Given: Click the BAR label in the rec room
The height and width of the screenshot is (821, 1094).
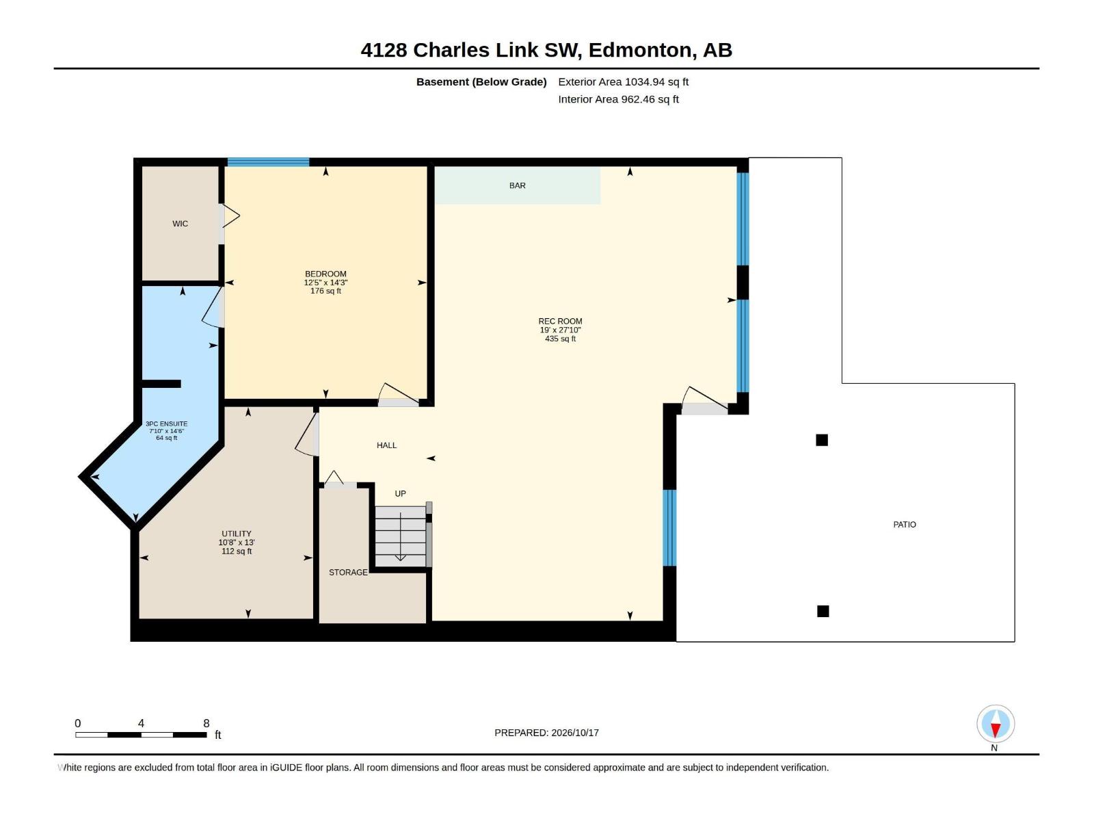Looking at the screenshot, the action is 517,185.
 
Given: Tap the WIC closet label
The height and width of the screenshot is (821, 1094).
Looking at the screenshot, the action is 180,224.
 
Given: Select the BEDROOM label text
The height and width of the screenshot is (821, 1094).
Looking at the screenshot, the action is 325,274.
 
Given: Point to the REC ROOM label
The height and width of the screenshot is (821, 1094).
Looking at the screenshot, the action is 560,322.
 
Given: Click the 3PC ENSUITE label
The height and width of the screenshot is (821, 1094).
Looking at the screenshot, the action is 166,423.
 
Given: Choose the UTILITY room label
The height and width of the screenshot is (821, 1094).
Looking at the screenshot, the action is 237,534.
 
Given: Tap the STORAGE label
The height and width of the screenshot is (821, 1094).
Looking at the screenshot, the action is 348,572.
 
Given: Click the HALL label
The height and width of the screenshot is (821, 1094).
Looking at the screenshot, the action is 386,445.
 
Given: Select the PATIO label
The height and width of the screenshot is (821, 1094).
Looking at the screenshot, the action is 904,524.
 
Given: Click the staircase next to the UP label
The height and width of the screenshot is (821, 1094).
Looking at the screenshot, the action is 400,536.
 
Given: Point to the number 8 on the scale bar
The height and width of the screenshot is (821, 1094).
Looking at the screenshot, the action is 206,723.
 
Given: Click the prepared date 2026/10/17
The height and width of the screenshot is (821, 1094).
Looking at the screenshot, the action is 574,733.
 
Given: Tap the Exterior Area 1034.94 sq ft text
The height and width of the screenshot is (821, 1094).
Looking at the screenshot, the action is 623,81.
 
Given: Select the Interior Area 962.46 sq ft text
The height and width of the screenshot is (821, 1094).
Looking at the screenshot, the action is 618,99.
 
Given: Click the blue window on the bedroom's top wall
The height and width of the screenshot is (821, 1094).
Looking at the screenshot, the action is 268,162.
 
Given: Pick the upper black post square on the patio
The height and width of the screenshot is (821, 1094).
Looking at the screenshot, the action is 821,440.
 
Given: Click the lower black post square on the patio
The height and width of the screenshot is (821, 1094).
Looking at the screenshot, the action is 823,611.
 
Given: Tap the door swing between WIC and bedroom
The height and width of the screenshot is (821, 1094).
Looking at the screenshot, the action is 230,216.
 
